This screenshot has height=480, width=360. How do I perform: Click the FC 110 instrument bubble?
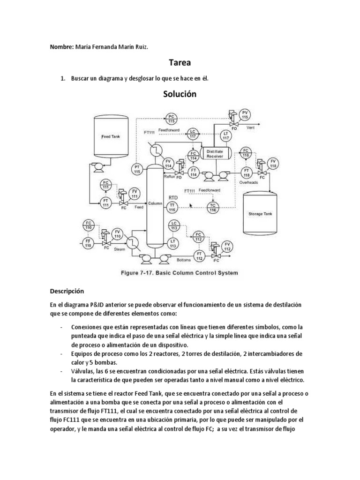(x=89, y=225)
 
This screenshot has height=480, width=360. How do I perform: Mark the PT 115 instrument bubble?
(x=137, y=169)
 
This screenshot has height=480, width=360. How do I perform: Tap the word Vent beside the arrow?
(x=250, y=127)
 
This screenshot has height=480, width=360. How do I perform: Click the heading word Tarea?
(x=180, y=63)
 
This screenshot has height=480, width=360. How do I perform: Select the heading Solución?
(x=180, y=94)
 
